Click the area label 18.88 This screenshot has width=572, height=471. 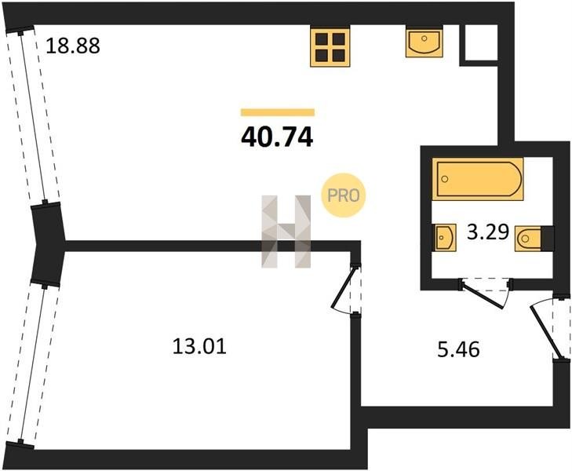coord(73,46)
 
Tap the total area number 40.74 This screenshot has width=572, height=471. coord(277,137)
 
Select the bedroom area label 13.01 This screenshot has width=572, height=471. coord(199,347)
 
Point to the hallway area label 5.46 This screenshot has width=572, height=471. coord(458,350)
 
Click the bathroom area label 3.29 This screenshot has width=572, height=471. coord(488,232)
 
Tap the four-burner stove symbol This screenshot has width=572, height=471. coord(330,47)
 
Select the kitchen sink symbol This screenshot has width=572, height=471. coord(424,43)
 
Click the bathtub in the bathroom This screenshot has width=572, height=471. coord(478,179)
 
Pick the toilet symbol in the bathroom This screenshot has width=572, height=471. coord(534,239)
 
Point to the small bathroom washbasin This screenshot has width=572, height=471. coord(444,238)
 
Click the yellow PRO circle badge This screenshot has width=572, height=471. coord(343,196)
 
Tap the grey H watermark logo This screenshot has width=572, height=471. coord(286,232)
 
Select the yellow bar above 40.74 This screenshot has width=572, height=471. coord(278,112)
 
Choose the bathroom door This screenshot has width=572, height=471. coord(486,293)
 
